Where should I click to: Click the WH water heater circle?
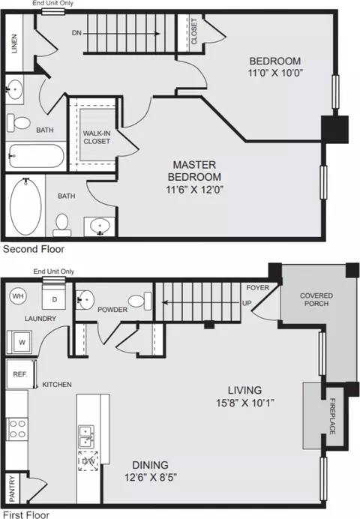18,295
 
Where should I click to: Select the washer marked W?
19,342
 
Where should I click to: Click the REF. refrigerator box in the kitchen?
20,374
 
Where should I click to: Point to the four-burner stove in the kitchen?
16,429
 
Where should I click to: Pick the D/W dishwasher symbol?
88,460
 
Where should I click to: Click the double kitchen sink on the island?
86,436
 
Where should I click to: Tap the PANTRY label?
12,488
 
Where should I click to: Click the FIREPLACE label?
332,415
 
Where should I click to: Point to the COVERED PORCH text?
316,299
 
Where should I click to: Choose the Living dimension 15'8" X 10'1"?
245,403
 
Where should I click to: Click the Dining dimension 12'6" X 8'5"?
151,477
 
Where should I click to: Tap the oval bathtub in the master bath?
25,206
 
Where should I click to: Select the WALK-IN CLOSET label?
97,137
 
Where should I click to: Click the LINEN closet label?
14,43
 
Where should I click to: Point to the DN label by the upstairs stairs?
76,33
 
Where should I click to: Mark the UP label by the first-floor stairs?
247,303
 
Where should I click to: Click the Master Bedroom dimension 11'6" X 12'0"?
194,189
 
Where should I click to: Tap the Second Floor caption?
34,249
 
